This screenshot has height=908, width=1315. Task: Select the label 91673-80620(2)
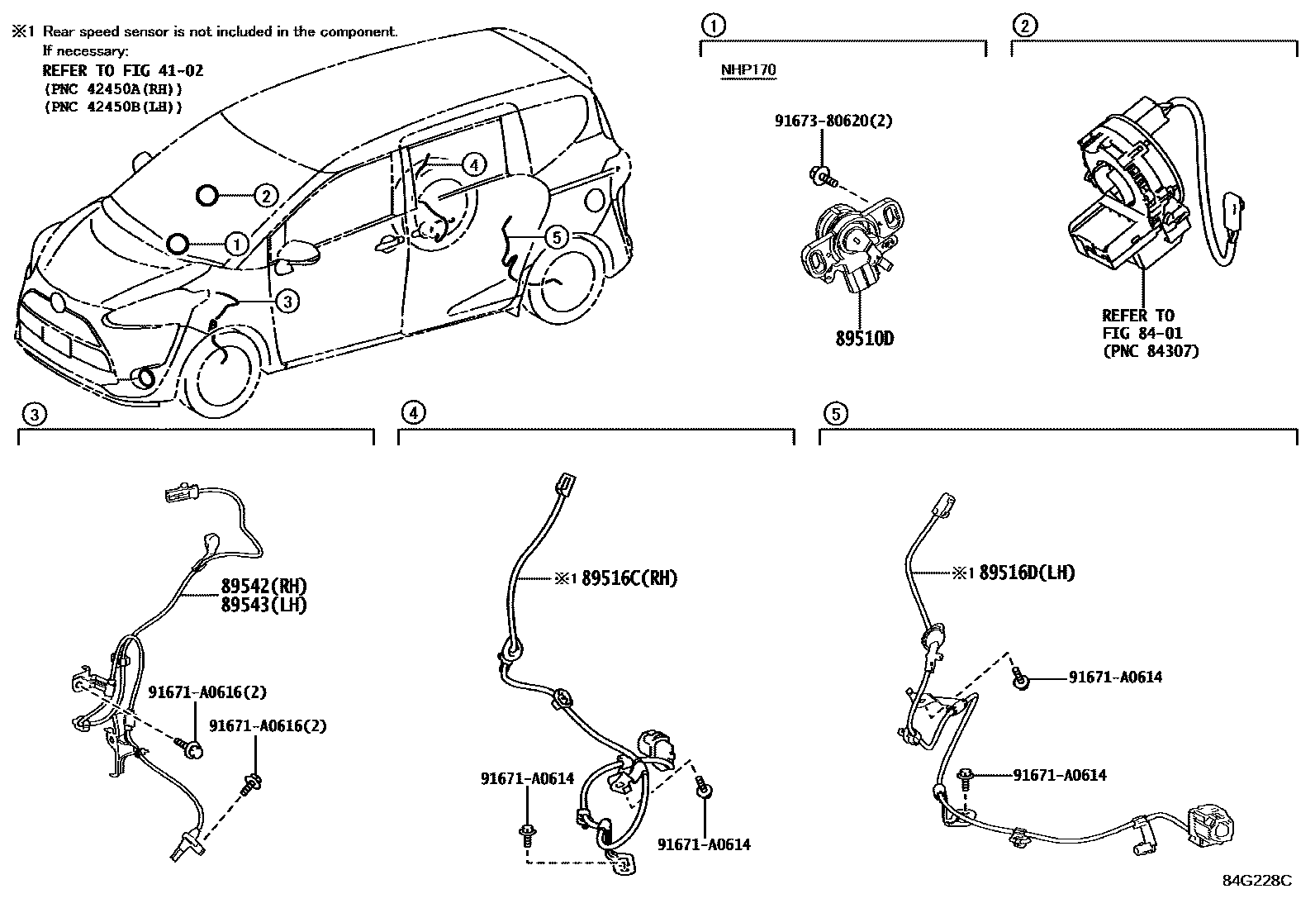833,121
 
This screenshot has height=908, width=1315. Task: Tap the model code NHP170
748,69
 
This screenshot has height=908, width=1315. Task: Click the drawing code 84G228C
1256,880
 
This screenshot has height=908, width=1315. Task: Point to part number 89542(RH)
263,587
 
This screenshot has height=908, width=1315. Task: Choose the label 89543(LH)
263,605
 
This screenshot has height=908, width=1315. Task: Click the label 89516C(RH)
629,578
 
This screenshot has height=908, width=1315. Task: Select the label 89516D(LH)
1027,573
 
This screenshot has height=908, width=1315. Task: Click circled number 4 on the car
472,165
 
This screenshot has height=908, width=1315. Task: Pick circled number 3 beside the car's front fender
286,302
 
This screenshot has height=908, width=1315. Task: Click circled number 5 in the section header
835,413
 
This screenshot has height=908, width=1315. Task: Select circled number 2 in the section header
1023,26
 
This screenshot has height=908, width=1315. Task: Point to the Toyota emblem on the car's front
56,302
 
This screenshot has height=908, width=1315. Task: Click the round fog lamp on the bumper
147,378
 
